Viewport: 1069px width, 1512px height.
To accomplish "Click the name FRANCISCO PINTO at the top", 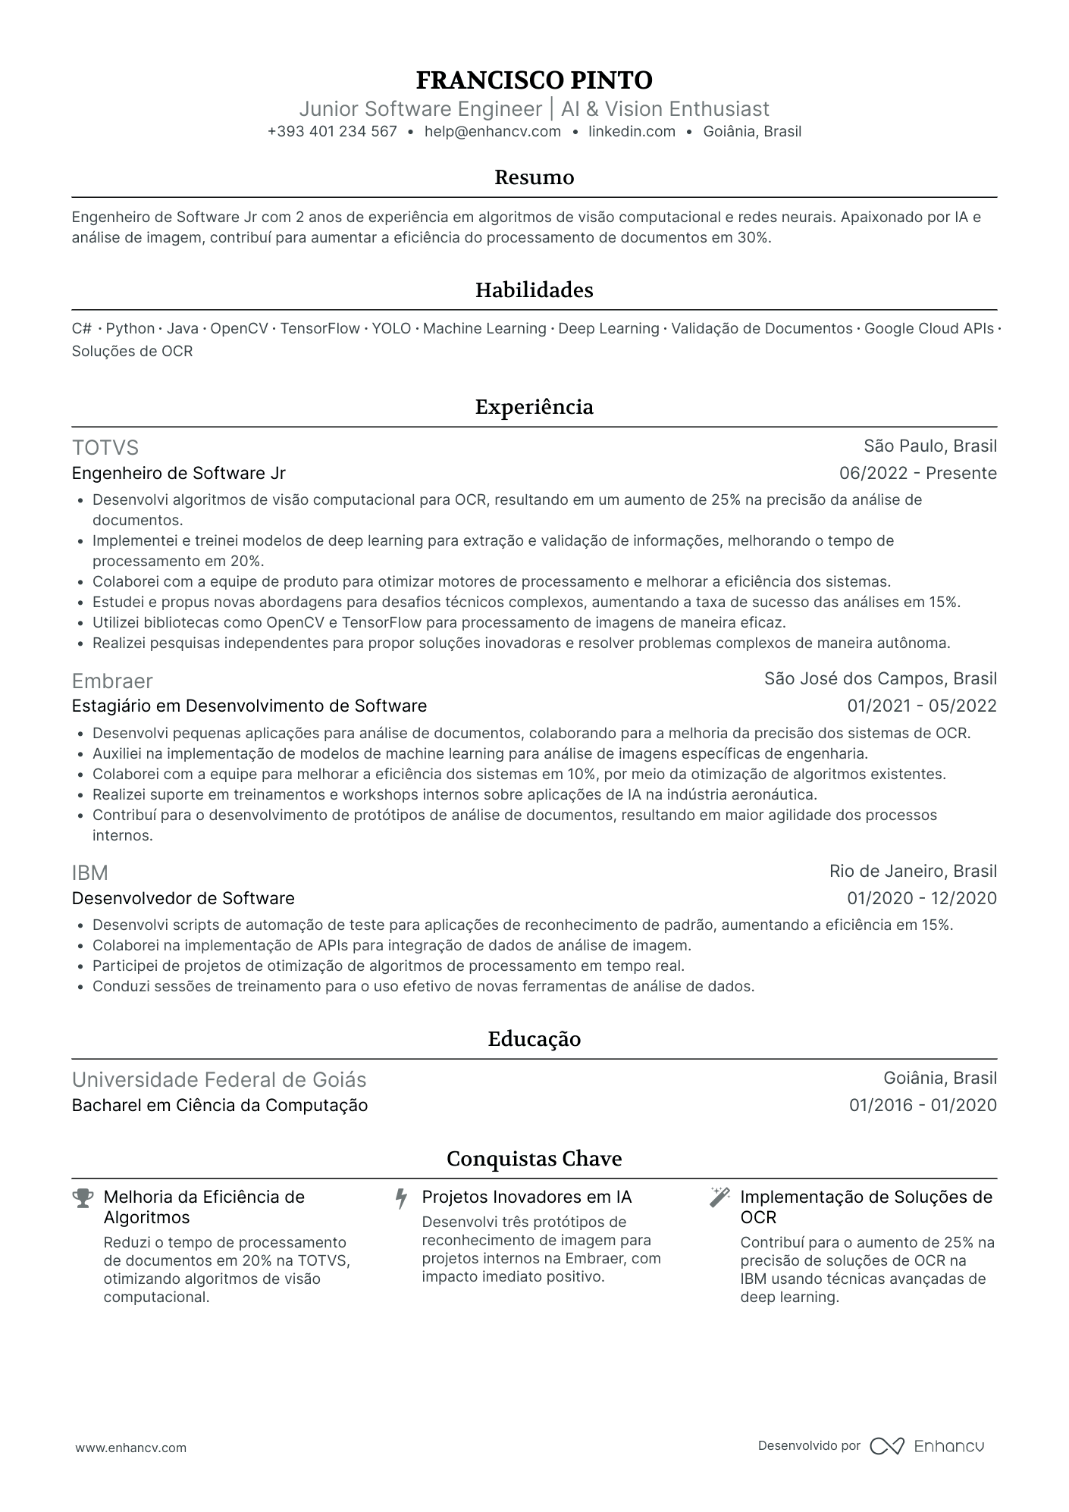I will pyautogui.click(x=534, y=80).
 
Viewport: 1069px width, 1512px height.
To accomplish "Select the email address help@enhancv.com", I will pyautogui.click(x=492, y=132).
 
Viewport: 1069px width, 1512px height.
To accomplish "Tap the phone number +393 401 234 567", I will pyautogui.click(x=332, y=132).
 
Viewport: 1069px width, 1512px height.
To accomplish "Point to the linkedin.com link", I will pyautogui.click(x=632, y=132).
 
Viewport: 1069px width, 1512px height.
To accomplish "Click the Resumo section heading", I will pyautogui.click(x=534, y=177).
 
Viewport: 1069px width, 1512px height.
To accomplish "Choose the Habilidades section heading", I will pyautogui.click(x=534, y=290).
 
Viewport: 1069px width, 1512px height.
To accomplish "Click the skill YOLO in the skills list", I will pyautogui.click(x=391, y=329).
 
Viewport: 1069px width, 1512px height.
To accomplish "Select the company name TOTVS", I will pyautogui.click(x=105, y=447).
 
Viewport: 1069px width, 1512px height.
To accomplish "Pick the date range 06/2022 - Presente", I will pyautogui.click(x=917, y=474).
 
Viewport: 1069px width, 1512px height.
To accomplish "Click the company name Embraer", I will pyautogui.click(x=112, y=681).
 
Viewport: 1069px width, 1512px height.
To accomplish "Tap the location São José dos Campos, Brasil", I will pyautogui.click(x=880, y=679).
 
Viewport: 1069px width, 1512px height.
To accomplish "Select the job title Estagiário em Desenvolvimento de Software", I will pyautogui.click(x=249, y=706).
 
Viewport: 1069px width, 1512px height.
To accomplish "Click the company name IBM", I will pyautogui.click(x=90, y=873).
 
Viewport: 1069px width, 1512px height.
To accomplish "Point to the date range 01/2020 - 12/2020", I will pyautogui.click(x=921, y=899).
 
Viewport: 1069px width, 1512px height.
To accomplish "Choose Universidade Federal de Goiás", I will pyautogui.click(x=219, y=1080).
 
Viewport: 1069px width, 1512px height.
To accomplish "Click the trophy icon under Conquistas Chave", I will pyautogui.click(x=82, y=1198).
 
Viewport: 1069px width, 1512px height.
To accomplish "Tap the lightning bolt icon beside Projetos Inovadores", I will pyautogui.click(x=401, y=1198).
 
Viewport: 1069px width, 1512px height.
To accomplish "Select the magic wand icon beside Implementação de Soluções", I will pyautogui.click(x=719, y=1197).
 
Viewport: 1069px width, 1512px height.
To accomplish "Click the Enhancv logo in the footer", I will pyautogui.click(x=926, y=1446).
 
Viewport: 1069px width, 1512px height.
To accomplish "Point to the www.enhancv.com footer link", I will pyautogui.click(x=130, y=1448).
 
